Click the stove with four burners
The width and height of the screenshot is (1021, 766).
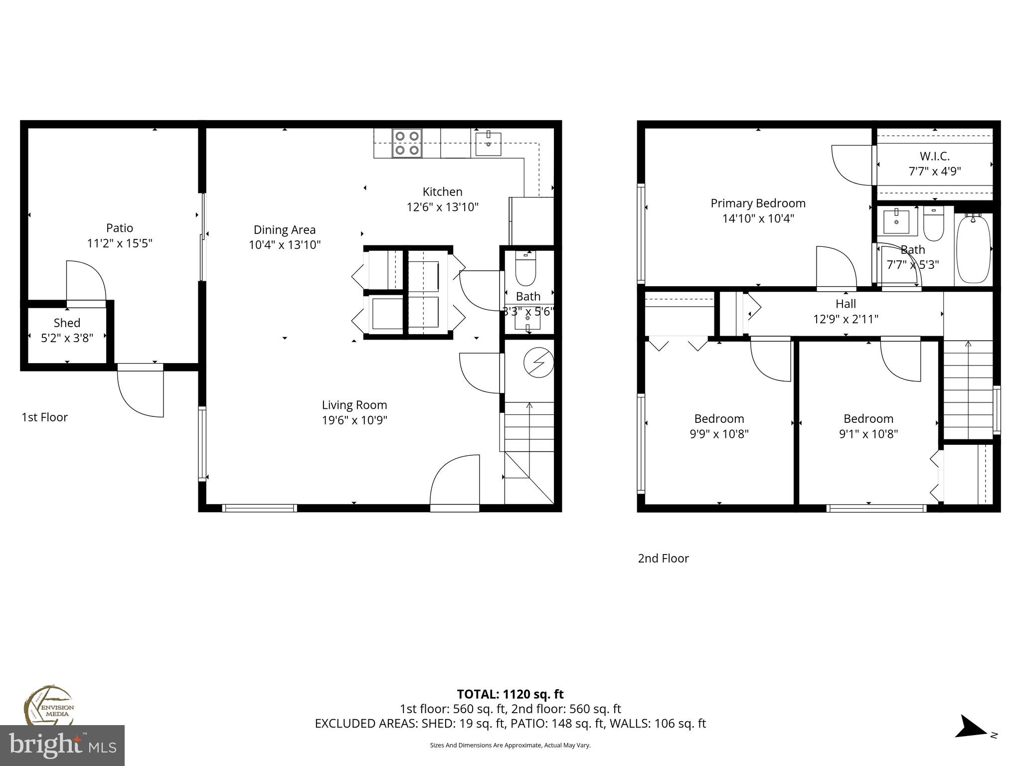(407, 143)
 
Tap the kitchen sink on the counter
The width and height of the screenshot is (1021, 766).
(488, 143)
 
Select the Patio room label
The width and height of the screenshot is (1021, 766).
(120, 228)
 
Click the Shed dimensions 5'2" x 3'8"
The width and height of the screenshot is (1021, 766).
(67, 338)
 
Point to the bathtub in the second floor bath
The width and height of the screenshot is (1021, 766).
(973, 248)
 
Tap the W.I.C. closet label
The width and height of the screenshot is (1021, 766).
(934, 156)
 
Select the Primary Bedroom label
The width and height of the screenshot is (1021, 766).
(758, 203)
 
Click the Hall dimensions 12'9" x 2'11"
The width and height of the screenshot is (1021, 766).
(846, 319)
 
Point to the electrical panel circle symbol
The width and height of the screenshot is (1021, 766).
(539, 362)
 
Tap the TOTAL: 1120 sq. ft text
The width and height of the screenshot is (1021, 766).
(510, 694)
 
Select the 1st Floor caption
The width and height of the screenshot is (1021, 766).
(44, 417)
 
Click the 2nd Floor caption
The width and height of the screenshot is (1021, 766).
(663, 558)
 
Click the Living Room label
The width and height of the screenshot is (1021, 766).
(354, 405)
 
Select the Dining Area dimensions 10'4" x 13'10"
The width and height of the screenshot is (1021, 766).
(284, 245)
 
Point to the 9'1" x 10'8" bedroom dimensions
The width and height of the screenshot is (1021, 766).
(868, 434)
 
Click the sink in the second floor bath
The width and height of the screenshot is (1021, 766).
(896, 222)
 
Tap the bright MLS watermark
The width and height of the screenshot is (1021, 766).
(62, 745)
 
